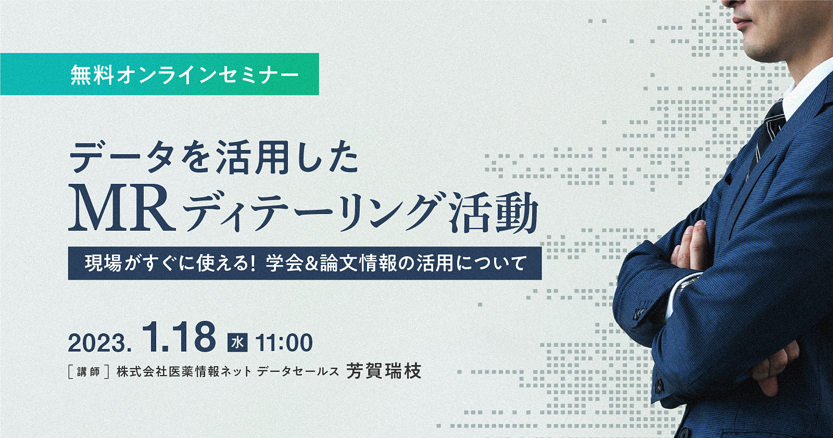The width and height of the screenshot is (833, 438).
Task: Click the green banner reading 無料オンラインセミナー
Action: click(x=159, y=74)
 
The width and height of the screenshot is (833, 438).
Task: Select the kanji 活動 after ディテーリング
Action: click(x=494, y=211)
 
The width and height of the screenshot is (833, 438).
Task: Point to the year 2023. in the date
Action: click(x=99, y=343)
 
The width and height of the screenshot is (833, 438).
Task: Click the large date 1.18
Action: click(x=179, y=337)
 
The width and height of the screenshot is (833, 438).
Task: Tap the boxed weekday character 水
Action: click(x=237, y=342)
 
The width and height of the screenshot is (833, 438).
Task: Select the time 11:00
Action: click(x=284, y=343)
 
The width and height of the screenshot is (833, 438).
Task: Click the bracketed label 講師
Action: click(x=89, y=372)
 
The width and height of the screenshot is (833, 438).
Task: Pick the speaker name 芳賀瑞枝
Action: click(x=384, y=371)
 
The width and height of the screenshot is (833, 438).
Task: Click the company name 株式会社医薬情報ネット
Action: click(x=184, y=371)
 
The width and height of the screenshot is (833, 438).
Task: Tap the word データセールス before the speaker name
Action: click(x=298, y=371)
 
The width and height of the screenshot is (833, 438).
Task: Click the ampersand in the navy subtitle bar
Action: click(x=311, y=264)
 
